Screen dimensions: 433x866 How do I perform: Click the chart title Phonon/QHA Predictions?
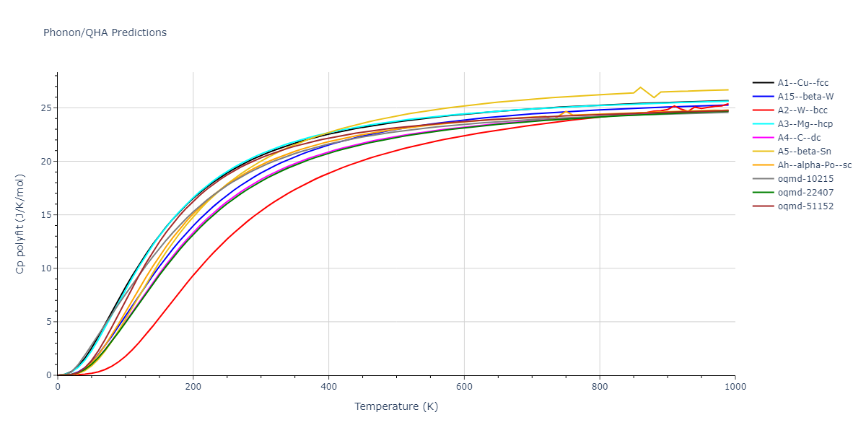point(105,32)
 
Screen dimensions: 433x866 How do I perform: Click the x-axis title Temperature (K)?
point(396,406)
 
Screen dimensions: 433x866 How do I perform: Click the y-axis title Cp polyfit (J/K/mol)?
point(20,224)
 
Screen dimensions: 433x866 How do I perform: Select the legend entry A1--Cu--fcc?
point(802,83)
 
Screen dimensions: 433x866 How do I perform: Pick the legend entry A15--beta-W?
point(802,97)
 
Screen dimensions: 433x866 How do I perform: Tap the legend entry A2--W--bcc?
point(802,110)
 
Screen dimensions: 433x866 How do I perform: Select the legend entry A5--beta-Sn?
point(802,152)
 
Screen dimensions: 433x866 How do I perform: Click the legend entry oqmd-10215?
point(802,179)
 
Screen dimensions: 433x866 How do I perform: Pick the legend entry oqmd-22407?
point(802,193)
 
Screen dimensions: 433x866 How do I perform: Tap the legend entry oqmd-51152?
point(802,206)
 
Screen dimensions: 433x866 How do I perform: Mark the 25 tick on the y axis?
point(46,108)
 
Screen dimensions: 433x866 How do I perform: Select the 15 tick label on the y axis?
point(46,215)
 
